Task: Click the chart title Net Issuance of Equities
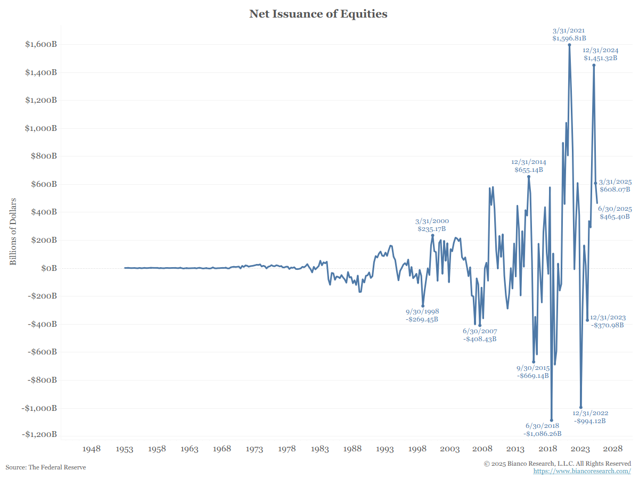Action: (318, 14)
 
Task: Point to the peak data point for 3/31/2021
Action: (569, 45)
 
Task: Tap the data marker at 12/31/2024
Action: (594, 65)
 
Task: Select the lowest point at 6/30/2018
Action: (551, 420)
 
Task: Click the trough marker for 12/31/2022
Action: (581, 407)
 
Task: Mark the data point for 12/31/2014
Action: (529, 177)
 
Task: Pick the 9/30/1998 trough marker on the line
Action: (423, 306)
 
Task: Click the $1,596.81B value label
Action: (569, 38)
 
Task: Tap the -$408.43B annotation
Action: (479, 339)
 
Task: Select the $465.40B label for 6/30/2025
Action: (615, 217)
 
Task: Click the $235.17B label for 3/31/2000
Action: (432, 229)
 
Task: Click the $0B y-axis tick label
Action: (47, 268)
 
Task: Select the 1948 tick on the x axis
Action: (92, 449)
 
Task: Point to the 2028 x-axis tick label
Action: (613, 449)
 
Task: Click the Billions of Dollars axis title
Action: (13, 232)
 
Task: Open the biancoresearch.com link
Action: (581, 472)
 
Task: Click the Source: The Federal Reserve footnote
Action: (46, 467)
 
